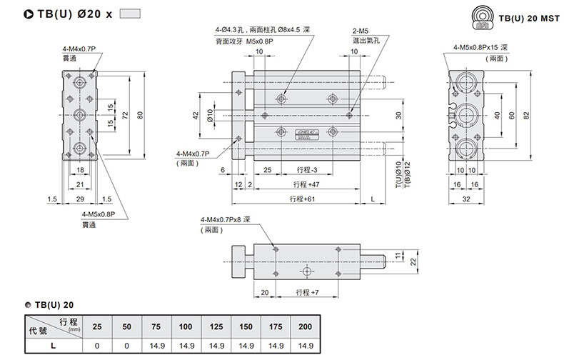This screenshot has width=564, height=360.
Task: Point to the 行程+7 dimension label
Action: (x=306, y=292)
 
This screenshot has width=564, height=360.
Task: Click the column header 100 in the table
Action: (x=186, y=326)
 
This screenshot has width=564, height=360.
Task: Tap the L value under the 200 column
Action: (x=306, y=345)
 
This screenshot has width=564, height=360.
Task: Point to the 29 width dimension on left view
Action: (x=80, y=198)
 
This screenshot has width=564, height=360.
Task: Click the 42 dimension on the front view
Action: (x=196, y=116)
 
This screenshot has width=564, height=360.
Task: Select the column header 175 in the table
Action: (x=276, y=326)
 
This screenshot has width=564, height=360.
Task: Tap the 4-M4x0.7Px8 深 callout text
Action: (x=226, y=219)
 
